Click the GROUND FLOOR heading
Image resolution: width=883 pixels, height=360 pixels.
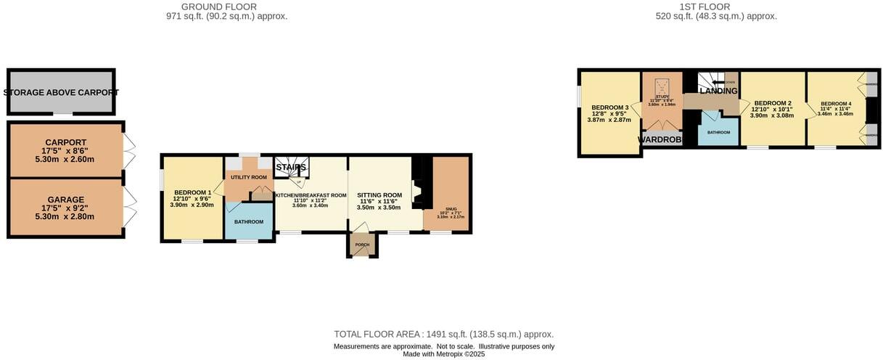point(226,7)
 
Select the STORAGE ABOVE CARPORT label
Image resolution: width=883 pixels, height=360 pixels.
point(61,93)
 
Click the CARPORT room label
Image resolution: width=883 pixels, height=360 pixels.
point(66,142)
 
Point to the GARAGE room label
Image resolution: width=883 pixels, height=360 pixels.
point(66,200)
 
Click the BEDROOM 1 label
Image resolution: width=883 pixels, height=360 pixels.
point(192,192)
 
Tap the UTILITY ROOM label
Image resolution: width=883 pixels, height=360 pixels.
point(249,177)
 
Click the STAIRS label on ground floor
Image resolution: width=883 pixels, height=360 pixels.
point(290,168)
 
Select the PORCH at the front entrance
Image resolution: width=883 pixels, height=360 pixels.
point(362,245)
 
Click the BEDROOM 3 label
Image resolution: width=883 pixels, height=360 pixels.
point(609,107)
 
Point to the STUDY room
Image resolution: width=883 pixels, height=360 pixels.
point(661,100)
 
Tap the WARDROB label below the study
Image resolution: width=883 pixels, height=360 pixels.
point(660,139)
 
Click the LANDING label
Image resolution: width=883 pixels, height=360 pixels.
point(718,91)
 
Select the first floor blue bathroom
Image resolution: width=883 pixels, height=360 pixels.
point(718,132)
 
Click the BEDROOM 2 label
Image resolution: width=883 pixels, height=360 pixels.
point(771,103)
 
